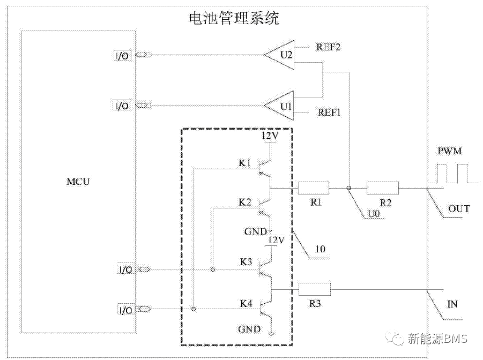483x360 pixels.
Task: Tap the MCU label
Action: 79,182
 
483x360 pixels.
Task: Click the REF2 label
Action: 329,47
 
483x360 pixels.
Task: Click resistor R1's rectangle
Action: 314,188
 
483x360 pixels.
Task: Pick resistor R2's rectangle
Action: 383,188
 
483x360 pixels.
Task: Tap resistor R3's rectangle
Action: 315,289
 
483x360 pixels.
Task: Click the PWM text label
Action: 449,152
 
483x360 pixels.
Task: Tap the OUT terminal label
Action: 459,208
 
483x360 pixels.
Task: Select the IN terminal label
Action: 452,304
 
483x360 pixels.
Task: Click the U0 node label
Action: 374,214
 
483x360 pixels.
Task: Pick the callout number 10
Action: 321,249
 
